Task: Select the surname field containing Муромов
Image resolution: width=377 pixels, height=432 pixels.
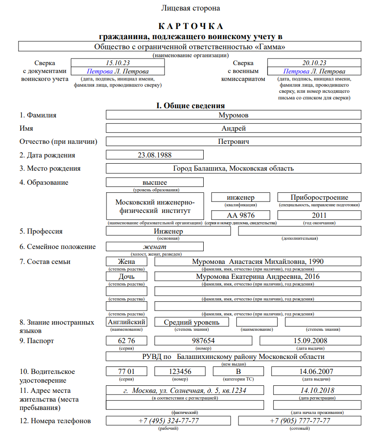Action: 234,115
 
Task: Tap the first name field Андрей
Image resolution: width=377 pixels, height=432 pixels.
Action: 234,128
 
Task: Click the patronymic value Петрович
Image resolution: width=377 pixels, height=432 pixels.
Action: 234,142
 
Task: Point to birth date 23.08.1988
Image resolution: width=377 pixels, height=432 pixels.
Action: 155,155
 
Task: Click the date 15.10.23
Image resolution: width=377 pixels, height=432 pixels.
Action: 117,63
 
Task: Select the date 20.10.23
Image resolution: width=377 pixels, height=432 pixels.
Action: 314,63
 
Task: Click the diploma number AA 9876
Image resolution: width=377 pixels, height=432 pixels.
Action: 241,215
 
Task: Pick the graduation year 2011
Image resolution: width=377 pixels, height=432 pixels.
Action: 319,215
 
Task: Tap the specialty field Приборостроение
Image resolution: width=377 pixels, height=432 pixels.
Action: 319,198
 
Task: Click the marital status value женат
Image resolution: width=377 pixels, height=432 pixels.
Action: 155,246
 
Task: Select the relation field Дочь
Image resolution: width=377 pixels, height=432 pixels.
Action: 127,277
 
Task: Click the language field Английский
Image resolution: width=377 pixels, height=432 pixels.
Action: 127,322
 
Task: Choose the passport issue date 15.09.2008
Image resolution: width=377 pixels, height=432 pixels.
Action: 310,341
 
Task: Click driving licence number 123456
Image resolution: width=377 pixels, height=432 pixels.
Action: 180,371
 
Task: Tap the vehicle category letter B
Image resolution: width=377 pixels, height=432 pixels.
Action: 238,371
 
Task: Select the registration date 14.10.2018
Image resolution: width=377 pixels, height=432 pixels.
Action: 317,390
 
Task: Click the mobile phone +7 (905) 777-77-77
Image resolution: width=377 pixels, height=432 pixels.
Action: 300,421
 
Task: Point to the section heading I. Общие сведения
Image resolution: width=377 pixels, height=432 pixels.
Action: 190,106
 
